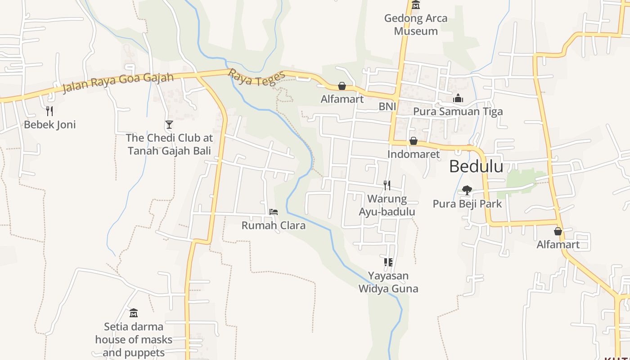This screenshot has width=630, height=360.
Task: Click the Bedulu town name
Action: [x=476, y=166]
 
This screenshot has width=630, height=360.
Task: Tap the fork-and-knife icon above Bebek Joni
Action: [x=49, y=110]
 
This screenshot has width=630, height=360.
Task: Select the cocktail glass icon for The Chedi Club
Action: [x=169, y=124]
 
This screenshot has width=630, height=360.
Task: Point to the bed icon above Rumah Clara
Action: [x=273, y=211]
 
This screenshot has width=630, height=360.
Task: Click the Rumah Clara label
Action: [x=273, y=225]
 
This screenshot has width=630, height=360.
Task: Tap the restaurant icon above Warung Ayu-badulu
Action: [x=387, y=184]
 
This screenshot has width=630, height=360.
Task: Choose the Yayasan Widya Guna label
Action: [x=388, y=282]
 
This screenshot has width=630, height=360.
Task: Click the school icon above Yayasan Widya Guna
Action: [x=388, y=262]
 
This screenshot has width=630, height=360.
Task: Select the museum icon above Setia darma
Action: [x=133, y=312]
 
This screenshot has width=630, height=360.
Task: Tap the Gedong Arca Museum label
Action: [x=415, y=25]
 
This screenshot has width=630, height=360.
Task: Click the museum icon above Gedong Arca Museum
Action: [x=415, y=5]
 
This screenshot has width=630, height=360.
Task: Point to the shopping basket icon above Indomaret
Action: [x=413, y=141]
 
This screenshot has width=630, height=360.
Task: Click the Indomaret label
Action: [x=413, y=154]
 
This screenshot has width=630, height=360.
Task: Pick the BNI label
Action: [x=387, y=106]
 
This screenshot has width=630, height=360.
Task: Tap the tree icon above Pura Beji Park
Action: [x=467, y=190]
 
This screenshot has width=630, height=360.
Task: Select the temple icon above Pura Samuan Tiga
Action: [x=458, y=98]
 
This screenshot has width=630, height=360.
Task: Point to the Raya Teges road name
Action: [x=256, y=78]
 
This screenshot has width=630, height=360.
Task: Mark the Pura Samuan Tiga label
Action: [x=458, y=112]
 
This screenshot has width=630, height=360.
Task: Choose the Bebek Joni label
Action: [x=49, y=125]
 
